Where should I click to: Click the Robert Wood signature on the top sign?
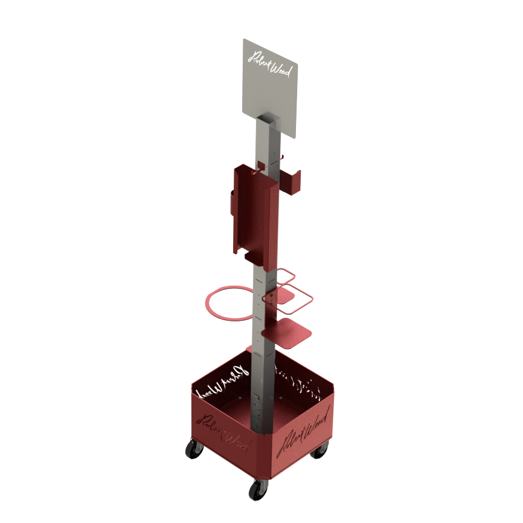(271, 63)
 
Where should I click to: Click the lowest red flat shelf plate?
(286, 334)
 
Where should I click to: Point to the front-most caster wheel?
(258, 488)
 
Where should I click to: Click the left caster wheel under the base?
(194, 448)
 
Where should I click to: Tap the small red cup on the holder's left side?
(233, 202)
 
